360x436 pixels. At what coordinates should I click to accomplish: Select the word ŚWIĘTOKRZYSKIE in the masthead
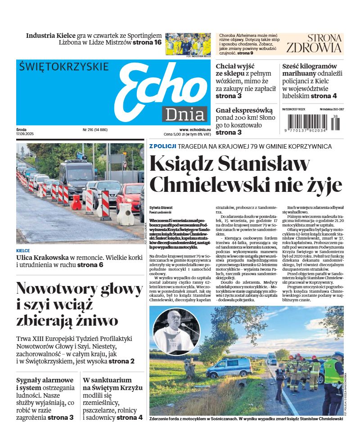64,67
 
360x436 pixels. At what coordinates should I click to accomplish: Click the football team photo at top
188,44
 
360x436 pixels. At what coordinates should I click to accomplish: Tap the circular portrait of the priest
176,331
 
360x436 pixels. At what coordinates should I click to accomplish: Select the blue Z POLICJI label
162,146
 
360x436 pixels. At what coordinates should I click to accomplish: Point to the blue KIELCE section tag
23,250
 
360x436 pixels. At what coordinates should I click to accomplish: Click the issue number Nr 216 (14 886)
95,129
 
